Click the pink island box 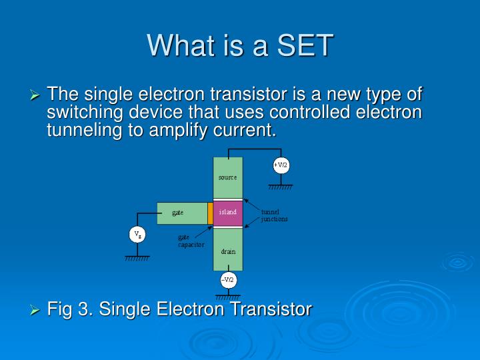[x=228, y=213]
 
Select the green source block [x=228, y=178]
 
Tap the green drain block [x=228, y=249]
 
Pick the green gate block [x=183, y=213]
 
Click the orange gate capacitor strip [x=210, y=213]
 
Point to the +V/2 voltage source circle [x=281, y=165]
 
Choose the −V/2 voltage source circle [x=229, y=280]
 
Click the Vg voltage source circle [x=137, y=235]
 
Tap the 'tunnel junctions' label [x=274, y=215]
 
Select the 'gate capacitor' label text [x=191, y=241]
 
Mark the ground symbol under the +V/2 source [x=281, y=187]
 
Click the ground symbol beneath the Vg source [x=137, y=259]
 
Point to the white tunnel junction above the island [x=228, y=200]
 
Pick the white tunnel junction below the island [x=228, y=227]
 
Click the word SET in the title [x=305, y=45]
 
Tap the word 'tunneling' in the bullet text [x=85, y=130]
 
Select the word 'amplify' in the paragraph [x=178, y=130]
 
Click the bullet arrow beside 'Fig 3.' [x=35, y=311]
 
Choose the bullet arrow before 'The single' [x=35, y=95]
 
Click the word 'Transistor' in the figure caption [x=271, y=309]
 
